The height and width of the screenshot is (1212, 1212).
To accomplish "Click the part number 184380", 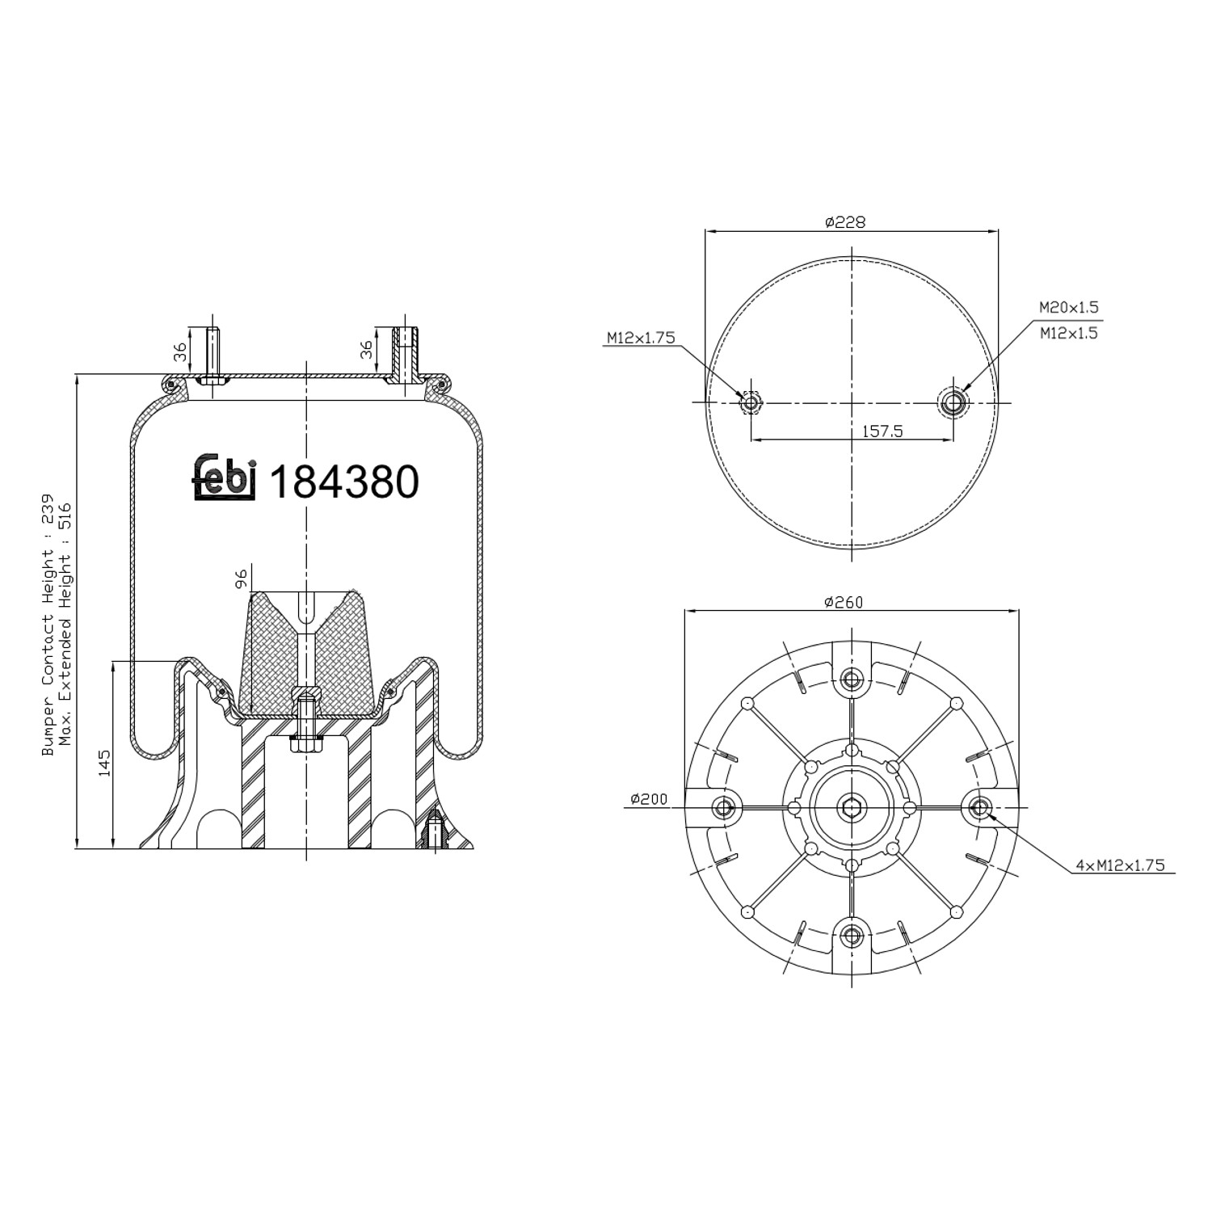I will tap(343, 482).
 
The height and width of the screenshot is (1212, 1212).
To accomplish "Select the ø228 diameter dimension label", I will tap(845, 221).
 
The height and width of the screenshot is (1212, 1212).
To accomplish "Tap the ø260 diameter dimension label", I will tap(844, 602).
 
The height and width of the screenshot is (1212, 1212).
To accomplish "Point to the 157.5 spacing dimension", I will tap(882, 431).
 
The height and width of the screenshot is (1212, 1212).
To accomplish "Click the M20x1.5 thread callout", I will tap(1068, 308).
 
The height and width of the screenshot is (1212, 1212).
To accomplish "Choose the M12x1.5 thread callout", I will tap(1068, 332).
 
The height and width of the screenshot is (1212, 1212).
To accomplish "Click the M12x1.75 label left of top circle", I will tap(641, 338).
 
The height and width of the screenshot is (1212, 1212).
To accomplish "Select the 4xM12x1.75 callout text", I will tap(1120, 865).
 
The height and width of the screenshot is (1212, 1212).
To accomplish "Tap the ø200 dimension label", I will tap(650, 799).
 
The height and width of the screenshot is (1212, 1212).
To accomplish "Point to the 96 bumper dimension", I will tap(240, 579).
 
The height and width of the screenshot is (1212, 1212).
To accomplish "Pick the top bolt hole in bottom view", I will tap(851, 678).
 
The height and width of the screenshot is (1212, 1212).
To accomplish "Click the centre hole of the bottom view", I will tap(851, 806).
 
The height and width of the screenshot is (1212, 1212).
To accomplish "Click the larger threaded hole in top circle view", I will tap(954, 402).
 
